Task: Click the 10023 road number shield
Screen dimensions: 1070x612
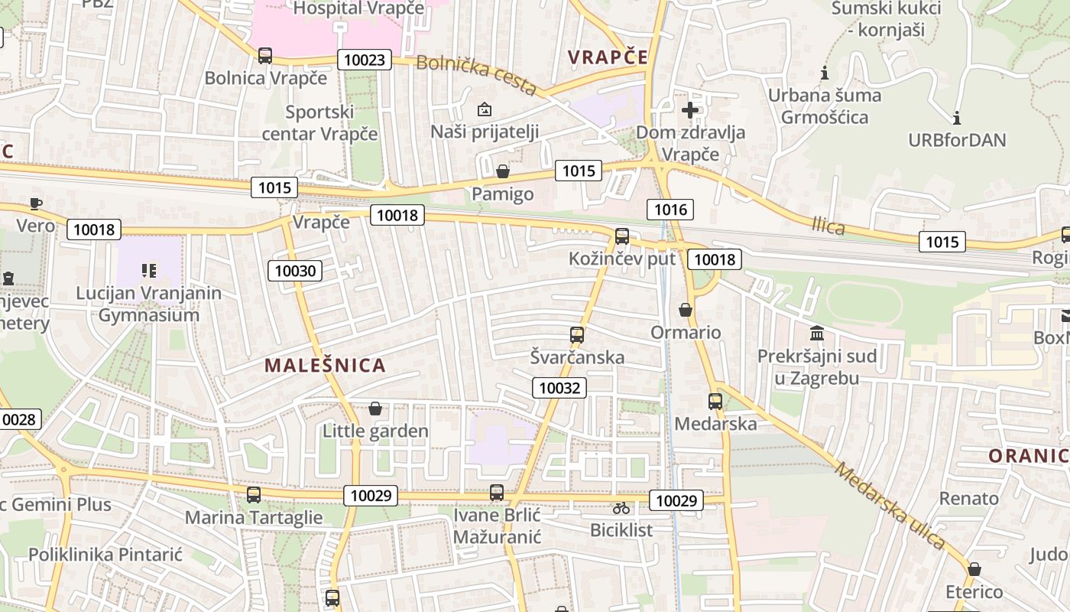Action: point(365,60)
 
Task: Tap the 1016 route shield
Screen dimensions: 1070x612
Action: point(670,209)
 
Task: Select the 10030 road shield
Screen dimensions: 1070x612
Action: point(295,270)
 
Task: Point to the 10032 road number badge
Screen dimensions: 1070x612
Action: point(559,388)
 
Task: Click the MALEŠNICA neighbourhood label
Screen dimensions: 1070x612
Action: point(325,365)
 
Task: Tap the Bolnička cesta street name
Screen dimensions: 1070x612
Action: point(475,74)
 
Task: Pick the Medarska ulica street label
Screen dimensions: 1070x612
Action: point(890,506)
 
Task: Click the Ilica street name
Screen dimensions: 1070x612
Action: point(828,226)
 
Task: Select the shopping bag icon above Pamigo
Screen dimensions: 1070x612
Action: point(502,171)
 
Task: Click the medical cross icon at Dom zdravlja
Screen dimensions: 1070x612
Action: point(690,110)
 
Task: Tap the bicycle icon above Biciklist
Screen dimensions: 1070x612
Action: point(621,507)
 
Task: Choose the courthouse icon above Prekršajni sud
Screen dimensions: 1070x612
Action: point(817,334)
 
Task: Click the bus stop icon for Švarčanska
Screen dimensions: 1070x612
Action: point(577,334)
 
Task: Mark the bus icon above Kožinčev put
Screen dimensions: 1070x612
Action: point(622,236)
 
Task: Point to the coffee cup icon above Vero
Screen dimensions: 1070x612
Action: point(36,203)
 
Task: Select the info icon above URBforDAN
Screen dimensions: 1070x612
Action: point(956,118)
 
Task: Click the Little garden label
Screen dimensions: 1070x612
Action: point(375,431)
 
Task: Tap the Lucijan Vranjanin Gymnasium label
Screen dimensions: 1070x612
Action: point(149,304)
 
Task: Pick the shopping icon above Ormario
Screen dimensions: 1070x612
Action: point(686,310)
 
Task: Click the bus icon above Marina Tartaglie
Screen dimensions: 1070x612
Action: point(254,494)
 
